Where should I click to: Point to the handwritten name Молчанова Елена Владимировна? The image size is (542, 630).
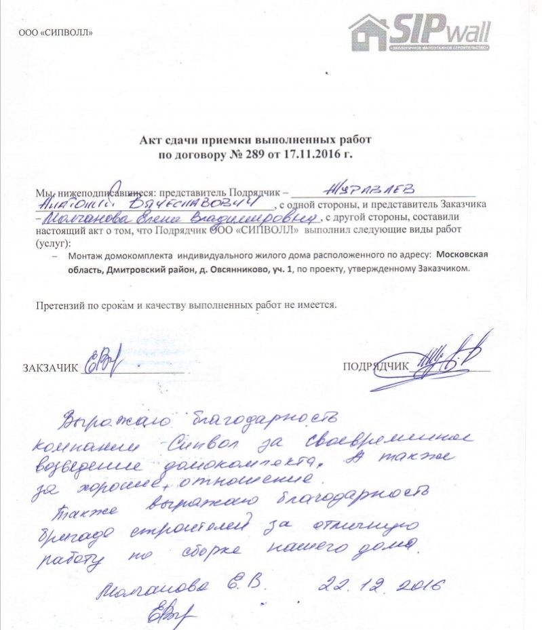pyautogui.click(x=179, y=218)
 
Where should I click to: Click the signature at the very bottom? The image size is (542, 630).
pyautogui.click(x=170, y=613)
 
